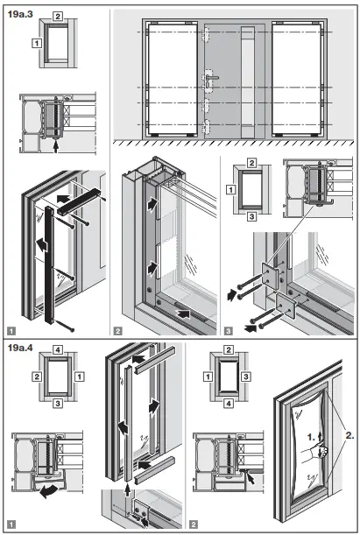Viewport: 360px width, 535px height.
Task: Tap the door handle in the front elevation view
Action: coord(214,81)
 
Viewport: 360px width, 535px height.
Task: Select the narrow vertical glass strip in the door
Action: coord(247,81)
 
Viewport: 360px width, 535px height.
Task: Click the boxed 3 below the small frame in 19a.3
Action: coord(251,214)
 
